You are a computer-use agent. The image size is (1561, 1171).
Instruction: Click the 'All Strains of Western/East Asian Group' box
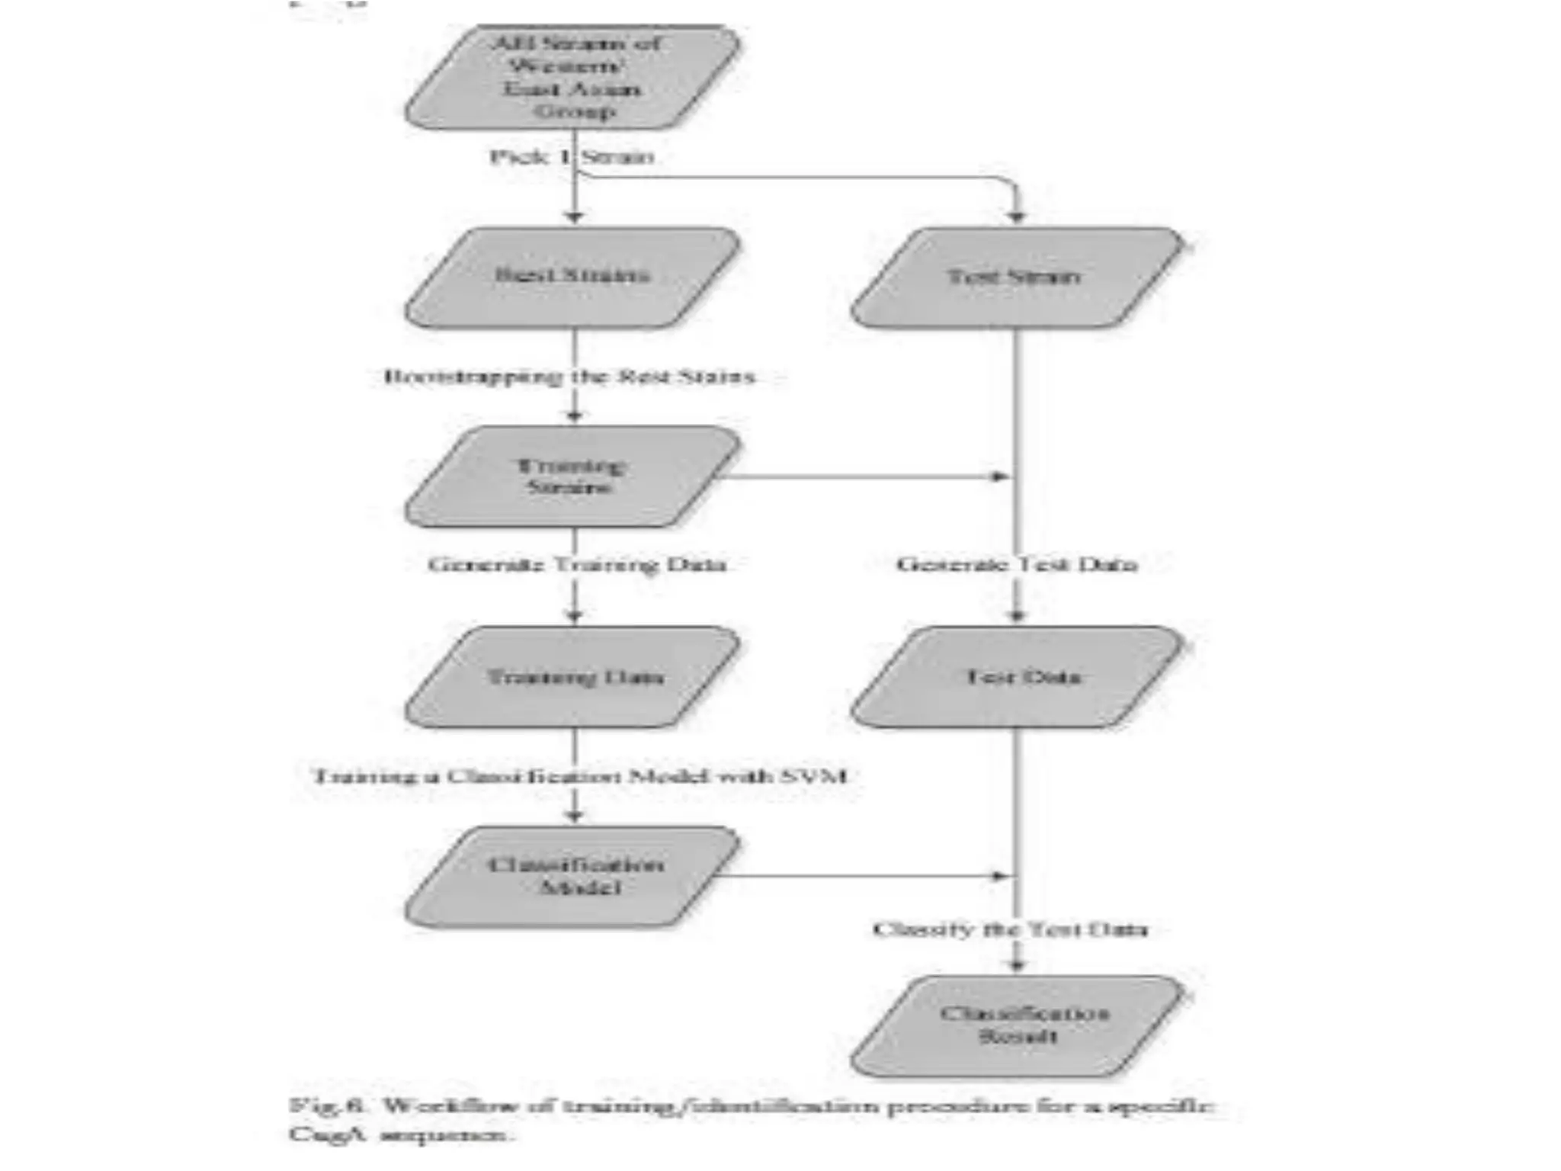(572, 77)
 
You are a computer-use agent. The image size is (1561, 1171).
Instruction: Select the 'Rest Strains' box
(572, 277)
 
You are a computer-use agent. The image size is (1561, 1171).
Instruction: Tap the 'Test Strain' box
(1016, 277)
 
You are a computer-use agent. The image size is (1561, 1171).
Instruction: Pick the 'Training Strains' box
(572, 476)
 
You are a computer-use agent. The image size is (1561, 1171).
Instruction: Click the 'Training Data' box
(572, 677)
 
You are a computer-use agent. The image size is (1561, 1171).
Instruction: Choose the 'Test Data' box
(1016, 677)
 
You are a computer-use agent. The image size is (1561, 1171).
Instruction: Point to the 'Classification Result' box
(1016, 1025)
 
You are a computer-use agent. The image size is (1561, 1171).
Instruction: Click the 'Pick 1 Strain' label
(572, 157)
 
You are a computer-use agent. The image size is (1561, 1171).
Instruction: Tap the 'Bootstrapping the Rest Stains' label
(570, 377)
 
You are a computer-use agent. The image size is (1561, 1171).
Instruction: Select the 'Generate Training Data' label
(576, 565)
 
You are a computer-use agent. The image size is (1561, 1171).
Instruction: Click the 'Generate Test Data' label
(1016, 565)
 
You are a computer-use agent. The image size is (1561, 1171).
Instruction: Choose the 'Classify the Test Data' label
(1010, 929)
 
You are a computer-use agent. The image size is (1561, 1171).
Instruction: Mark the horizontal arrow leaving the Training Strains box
(861, 476)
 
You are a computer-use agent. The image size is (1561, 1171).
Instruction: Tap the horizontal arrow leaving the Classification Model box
(861, 876)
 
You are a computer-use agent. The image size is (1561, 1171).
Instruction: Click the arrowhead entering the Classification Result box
(1017, 965)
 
